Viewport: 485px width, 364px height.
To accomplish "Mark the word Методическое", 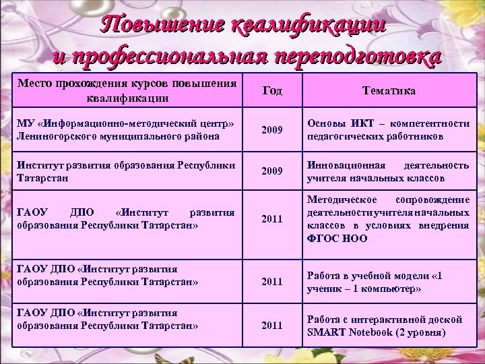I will (343, 200).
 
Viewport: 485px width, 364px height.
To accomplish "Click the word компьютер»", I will (391, 288).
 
